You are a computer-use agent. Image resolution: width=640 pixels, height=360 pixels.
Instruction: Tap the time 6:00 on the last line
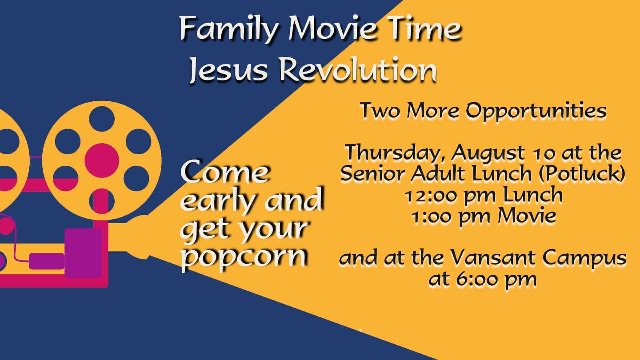(x=479, y=279)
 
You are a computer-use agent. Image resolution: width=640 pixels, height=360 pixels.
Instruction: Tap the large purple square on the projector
(x=83, y=253)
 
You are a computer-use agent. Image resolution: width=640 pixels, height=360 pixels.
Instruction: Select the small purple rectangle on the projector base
(x=47, y=261)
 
